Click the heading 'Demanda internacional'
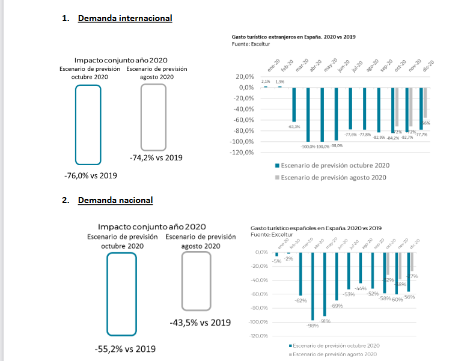125,18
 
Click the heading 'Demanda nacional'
115,200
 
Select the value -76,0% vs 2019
90,175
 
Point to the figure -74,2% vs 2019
156,157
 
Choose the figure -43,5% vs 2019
200,322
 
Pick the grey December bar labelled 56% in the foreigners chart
426,103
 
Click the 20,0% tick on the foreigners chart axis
245,77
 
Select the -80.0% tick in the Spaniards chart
260,308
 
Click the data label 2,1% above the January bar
266,82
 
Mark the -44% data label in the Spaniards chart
361,289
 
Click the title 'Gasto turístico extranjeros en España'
293,37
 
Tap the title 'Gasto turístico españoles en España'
316,228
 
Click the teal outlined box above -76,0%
88,124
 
